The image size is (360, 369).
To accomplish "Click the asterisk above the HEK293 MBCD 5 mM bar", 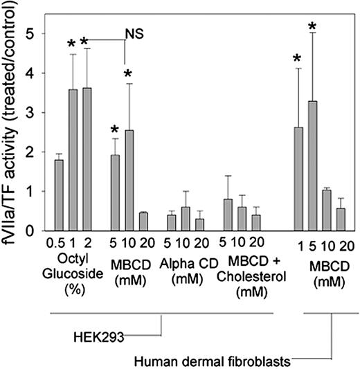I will pos(115,129).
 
